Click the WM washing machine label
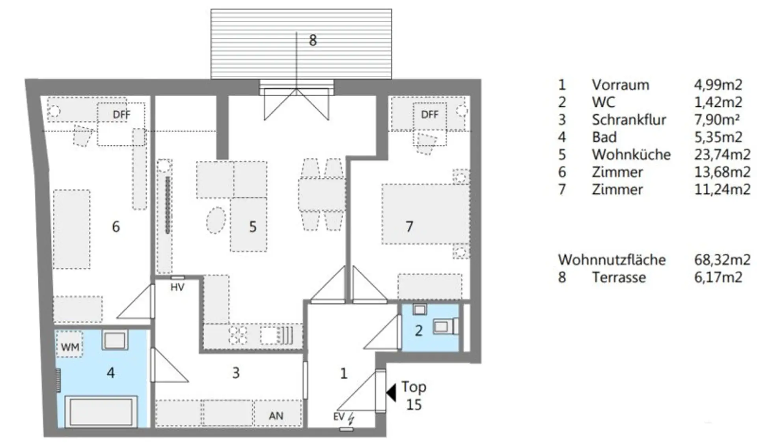coord(70,347)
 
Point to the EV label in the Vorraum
coord(339,417)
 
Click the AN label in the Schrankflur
coord(276,416)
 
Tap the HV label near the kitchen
coord(177,287)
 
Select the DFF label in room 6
coord(121,114)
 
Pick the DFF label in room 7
coord(429,114)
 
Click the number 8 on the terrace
coord(313,40)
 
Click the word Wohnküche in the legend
coord(631,155)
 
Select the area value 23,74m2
coord(722,155)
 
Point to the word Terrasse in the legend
coord(619,277)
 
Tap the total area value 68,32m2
coord(722,260)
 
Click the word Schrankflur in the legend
coord(629,120)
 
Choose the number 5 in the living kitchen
coord(253,227)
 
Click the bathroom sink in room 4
coord(115,340)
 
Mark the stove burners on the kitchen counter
coord(239,335)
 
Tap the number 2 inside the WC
coord(419,331)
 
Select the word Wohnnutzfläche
coord(612,260)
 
